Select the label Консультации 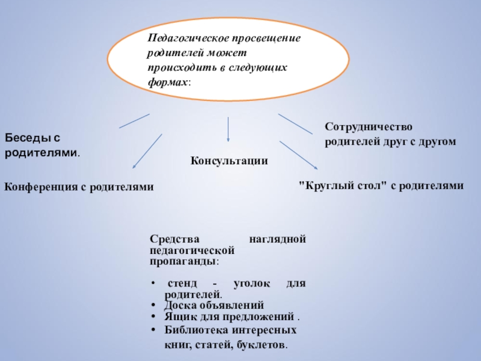[229, 161]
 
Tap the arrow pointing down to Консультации [228, 130]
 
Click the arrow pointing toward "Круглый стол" [298, 155]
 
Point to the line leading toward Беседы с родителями [134, 120]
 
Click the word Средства [170, 239]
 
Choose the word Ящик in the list [170, 316]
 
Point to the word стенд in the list [180, 283]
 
